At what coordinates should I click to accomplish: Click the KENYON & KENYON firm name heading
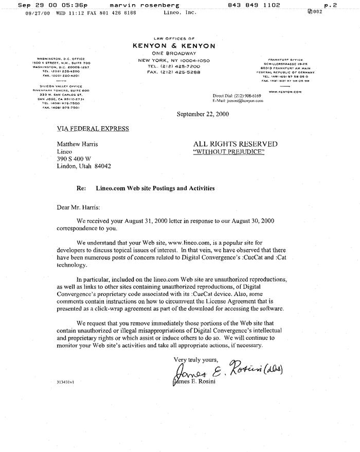(173, 46)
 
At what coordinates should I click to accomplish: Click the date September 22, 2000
(203, 114)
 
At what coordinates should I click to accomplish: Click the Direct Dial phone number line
(237, 96)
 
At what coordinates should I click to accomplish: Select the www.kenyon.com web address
(281, 92)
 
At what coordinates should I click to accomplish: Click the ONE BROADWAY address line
(174, 54)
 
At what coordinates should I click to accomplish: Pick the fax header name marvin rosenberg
(136, 5)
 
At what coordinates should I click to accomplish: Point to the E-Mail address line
(238, 101)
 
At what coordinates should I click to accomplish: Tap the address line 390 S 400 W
(74, 159)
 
